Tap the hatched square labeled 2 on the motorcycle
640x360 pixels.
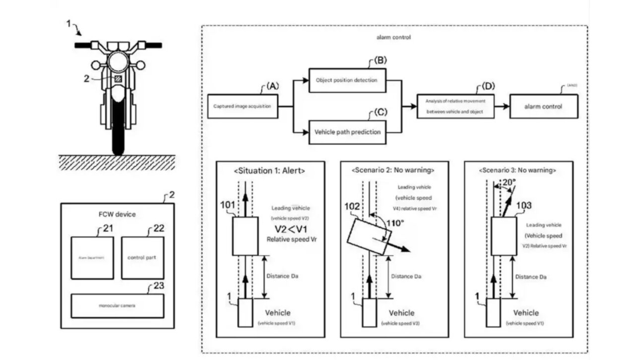point(119,79)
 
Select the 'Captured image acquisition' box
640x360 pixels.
point(242,106)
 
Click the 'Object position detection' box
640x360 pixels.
point(347,80)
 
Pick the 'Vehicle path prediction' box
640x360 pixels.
point(347,132)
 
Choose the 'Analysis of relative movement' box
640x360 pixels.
point(456,106)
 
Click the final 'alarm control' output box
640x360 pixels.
point(543,106)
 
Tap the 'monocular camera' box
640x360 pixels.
point(117,305)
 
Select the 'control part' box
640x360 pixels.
point(142,258)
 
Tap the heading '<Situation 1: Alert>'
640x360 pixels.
point(269,171)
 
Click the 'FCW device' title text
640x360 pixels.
point(117,214)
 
